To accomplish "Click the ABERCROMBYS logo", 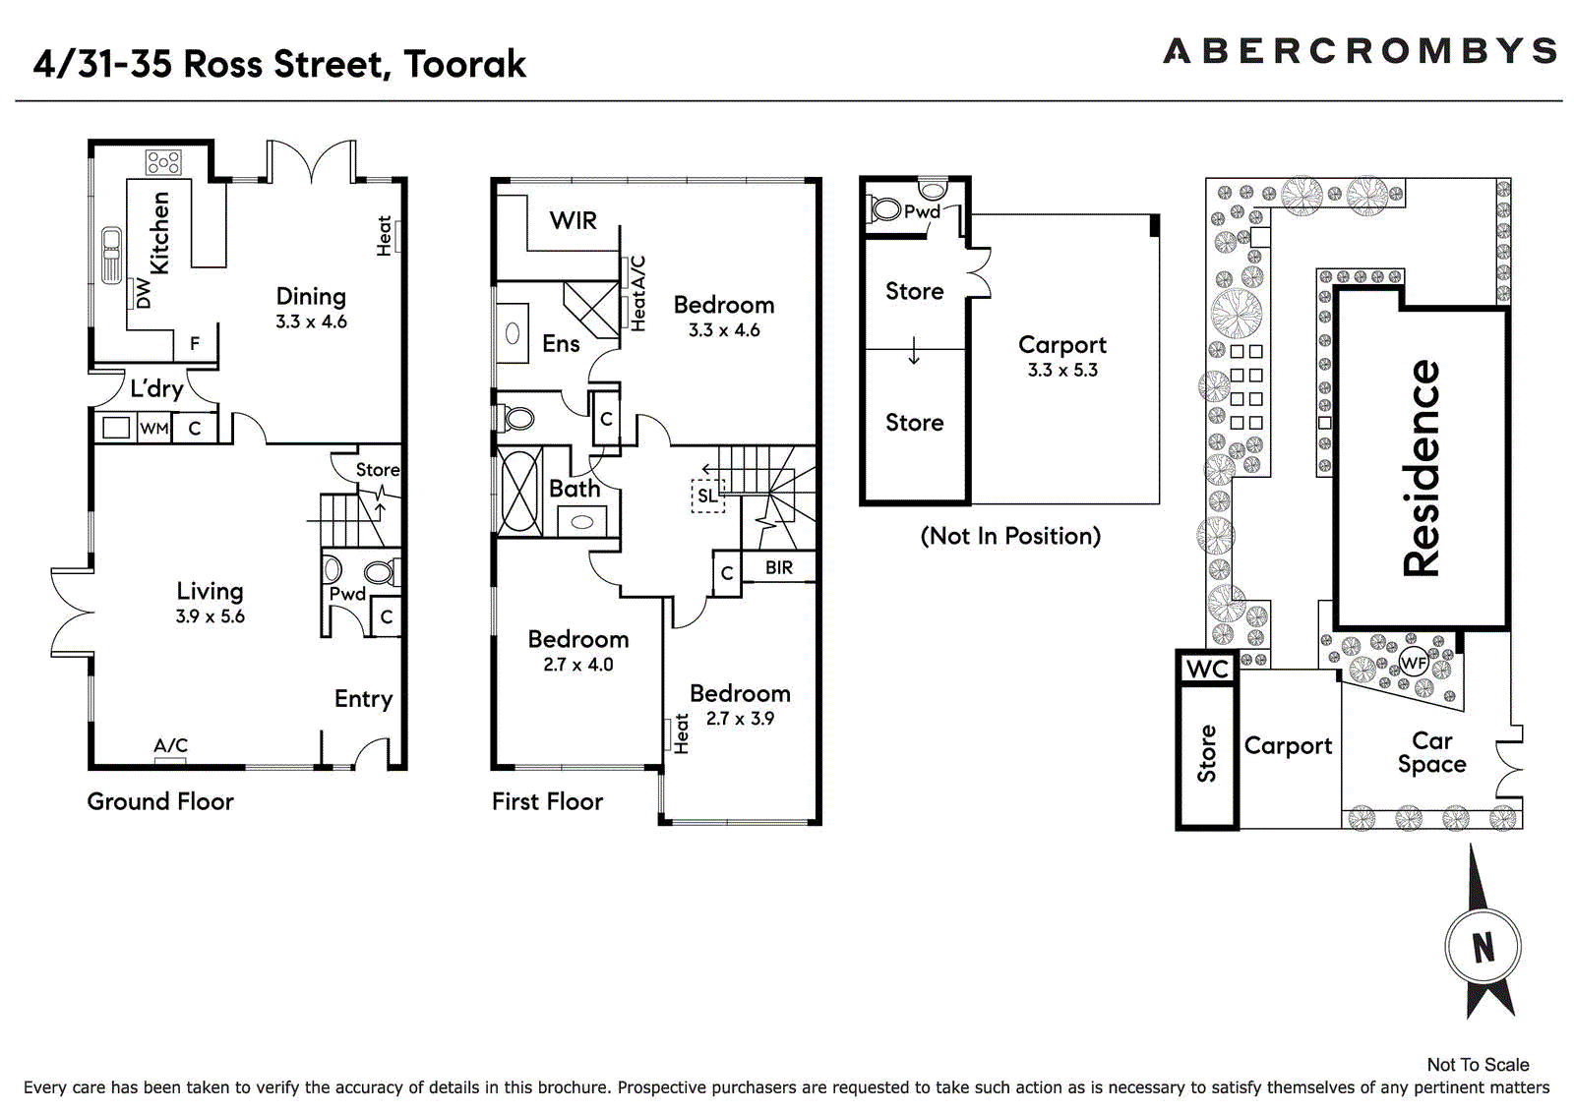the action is [1359, 51].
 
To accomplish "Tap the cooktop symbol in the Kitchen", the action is [163, 163].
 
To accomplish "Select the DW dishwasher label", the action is [144, 293].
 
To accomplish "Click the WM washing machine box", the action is [154, 428].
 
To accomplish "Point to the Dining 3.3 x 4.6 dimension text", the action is [311, 322].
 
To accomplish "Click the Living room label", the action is [211, 592].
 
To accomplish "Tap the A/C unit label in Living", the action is [171, 744].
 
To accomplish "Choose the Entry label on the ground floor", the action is [363, 699].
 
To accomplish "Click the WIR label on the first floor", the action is [574, 220].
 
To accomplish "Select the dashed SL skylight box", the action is [707, 496].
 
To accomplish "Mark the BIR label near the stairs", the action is [778, 567].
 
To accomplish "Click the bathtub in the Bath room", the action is [519, 491].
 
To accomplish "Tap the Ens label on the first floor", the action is [561, 343].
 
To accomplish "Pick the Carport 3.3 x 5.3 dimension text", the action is [1062, 371].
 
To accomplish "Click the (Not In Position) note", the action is [1010, 536].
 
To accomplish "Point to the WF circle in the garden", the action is [1414, 663].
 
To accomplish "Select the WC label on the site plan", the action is [1207, 669].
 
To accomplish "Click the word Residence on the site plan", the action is [1421, 468].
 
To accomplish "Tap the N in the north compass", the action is [1483, 948].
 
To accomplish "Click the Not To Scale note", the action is [1479, 1065].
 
